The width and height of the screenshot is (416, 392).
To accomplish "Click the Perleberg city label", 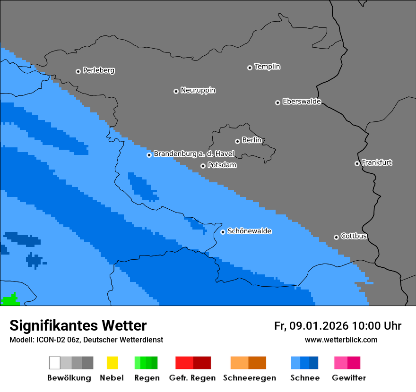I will pos(98,70).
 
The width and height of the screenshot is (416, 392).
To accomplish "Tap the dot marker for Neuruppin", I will pos(176,91).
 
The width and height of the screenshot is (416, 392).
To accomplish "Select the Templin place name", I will pos(267,67).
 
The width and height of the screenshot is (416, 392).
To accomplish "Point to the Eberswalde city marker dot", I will pos(277,102).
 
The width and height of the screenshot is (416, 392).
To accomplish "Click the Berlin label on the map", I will pos(251,140).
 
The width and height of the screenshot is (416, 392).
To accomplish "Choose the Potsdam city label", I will pos(222,165).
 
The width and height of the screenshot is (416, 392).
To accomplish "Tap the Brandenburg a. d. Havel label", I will pos(194,154).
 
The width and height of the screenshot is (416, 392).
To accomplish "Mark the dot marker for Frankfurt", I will pos(357,163).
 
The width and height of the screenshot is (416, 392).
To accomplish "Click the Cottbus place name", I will pos(354,236).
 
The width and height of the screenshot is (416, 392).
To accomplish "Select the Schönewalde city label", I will pos(249,231).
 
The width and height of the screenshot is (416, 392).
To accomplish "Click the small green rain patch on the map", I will pos(9,300).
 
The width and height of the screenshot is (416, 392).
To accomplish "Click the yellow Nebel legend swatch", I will pos(112,363).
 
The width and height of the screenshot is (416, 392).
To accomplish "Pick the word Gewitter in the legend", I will pos(349,378).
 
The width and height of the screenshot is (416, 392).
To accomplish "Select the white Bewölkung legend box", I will pos(55,363).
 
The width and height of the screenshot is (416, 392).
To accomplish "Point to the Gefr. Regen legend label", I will pos(192,378).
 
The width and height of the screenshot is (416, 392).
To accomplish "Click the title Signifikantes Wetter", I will pos(78,325).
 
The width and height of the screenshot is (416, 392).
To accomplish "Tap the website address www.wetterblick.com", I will pos(341,340).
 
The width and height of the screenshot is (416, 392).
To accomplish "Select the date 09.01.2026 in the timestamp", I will pos(319,326).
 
